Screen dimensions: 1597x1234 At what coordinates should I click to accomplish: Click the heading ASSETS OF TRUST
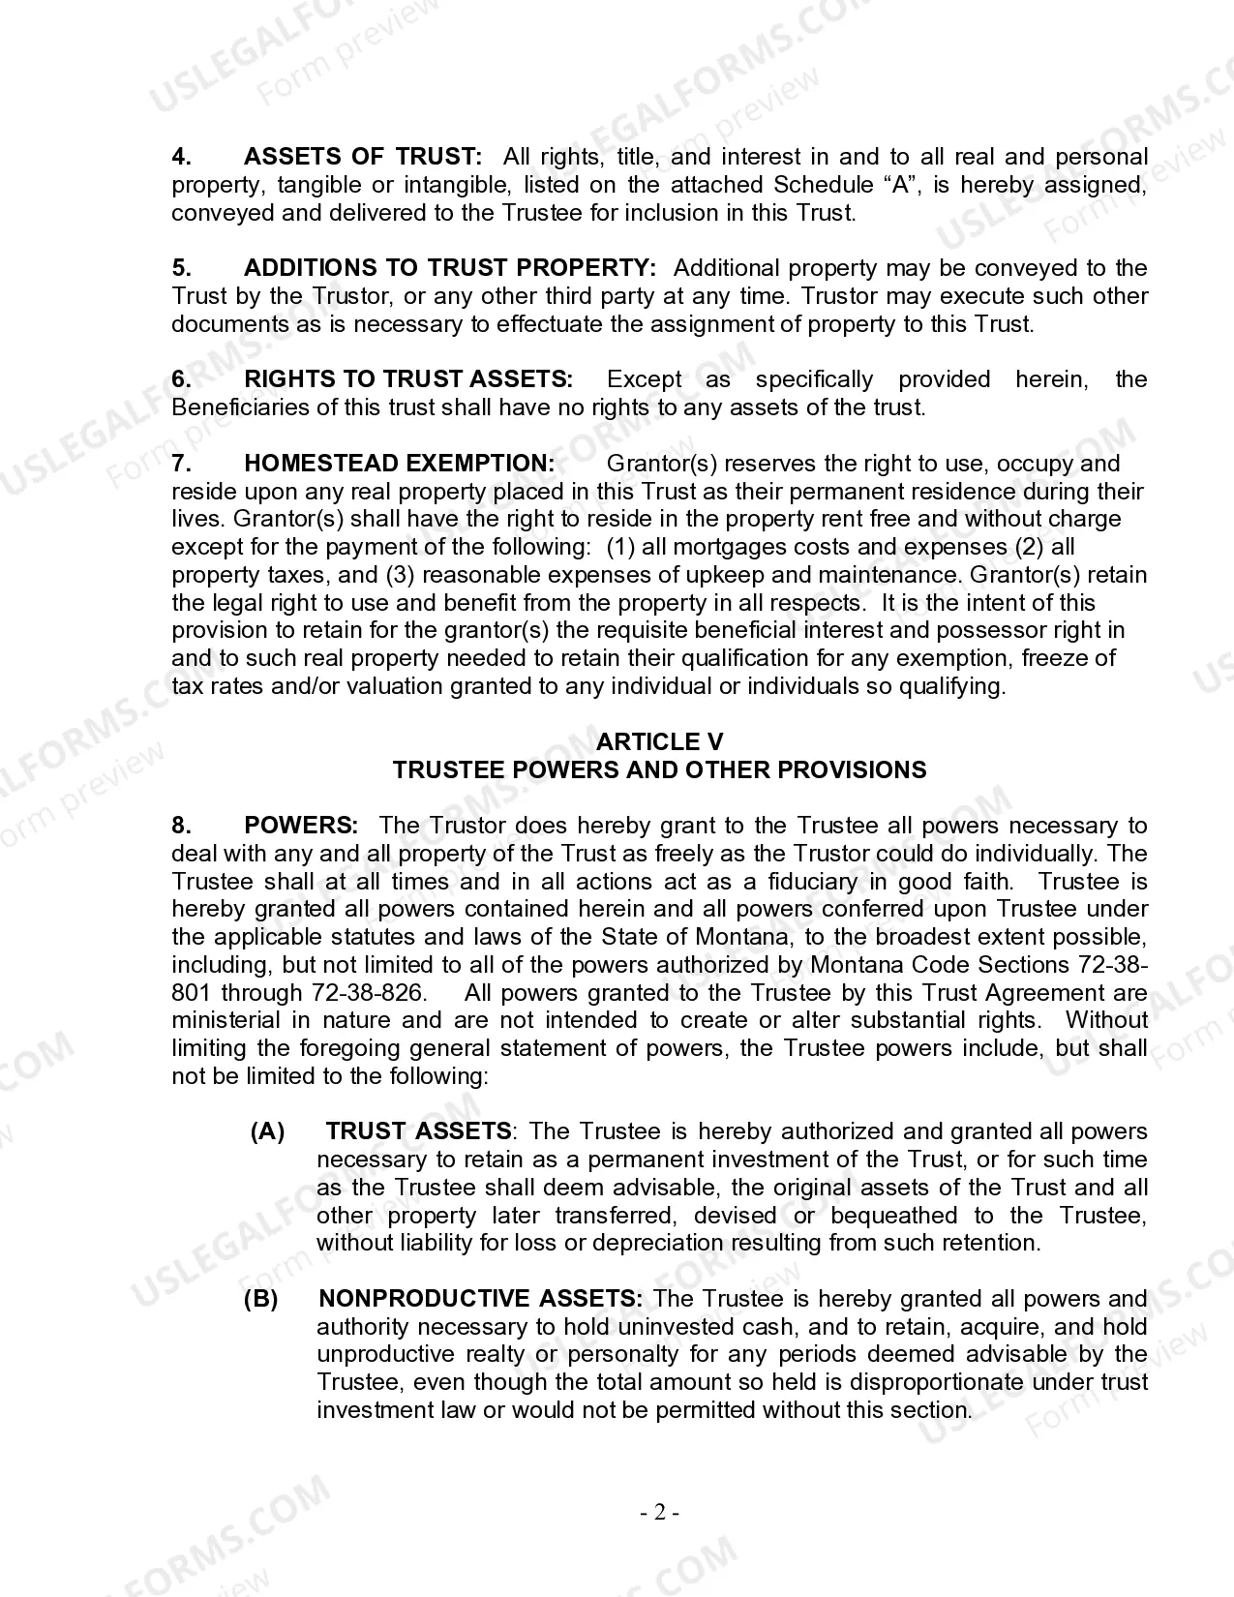[362, 157]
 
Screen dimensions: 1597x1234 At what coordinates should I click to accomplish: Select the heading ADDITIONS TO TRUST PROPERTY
[450, 268]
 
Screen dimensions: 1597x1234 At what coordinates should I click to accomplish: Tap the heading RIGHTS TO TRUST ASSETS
[408, 379]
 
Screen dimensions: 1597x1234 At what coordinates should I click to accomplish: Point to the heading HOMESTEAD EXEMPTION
[400, 464]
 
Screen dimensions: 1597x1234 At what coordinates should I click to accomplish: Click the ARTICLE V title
[659, 742]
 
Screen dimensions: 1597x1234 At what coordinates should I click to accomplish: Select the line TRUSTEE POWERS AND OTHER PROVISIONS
[659, 770]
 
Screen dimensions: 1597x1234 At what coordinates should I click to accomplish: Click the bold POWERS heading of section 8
[301, 826]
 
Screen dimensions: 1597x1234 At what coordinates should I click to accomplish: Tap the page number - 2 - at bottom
[659, 1513]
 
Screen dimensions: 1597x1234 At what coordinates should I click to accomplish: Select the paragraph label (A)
[267, 1131]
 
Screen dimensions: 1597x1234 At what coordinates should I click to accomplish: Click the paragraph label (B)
[260, 1299]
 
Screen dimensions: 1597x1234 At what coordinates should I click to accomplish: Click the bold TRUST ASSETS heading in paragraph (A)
[418, 1131]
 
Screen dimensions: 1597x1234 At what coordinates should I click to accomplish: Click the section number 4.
[181, 157]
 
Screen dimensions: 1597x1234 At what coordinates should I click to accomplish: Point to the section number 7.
[181, 464]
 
